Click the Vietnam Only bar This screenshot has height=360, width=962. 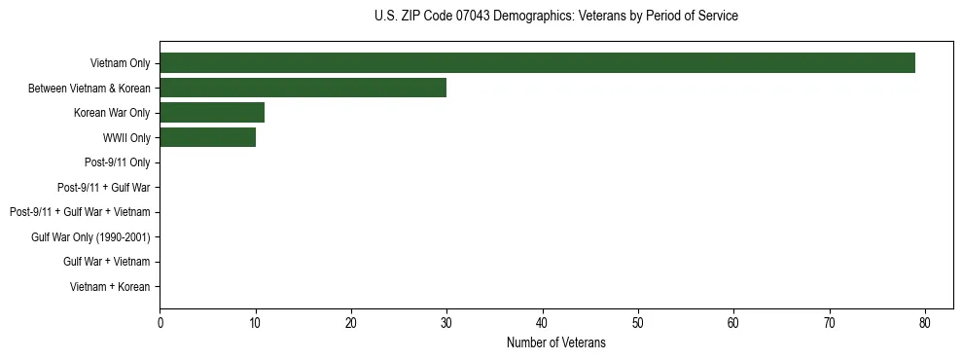pyautogui.click(x=537, y=63)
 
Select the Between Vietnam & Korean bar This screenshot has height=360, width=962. pyautogui.click(x=303, y=88)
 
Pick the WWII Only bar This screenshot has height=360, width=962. pyautogui.click(x=207, y=137)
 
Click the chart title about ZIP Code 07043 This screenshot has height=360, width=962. pyautogui.click(x=555, y=17)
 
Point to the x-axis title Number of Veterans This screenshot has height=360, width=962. pyautogui.click(x=555, y=342)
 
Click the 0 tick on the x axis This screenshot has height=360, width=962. pyautogui.click(x=160, y=323)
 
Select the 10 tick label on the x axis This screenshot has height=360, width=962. pyautogui.click(x=255, y=323)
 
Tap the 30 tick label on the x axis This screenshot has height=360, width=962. pyautogui.click(x=446, y=323)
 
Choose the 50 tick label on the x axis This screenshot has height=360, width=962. pyautogui.click(x=638, y=323)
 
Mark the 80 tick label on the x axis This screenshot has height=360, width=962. pyautogui.click(x=925, y=323)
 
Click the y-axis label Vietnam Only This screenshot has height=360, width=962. pyautogui.click(x=120, y=63)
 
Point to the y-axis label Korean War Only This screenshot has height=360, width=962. pyautogui.click(x=112, y=113)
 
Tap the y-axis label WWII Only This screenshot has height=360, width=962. pyautogui.click(x=126, y=138)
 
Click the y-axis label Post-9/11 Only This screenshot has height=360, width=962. pyautogui.click(x=117, y=162)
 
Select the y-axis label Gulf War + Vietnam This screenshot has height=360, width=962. pyautogui.click(x=106, y=262)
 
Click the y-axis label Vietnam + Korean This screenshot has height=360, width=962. pyautogui.click(x=110, y=286)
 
